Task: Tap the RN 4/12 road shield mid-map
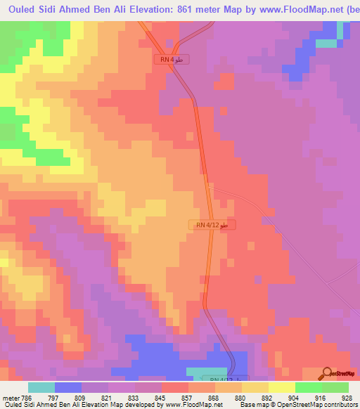[x=212, y=225]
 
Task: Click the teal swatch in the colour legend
[x=41, y=387]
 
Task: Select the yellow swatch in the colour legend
[x=281, y=387]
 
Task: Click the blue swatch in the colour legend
[x=68, y=387]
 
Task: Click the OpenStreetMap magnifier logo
[x=328, y=373]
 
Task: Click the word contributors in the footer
[x=337, y=405]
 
